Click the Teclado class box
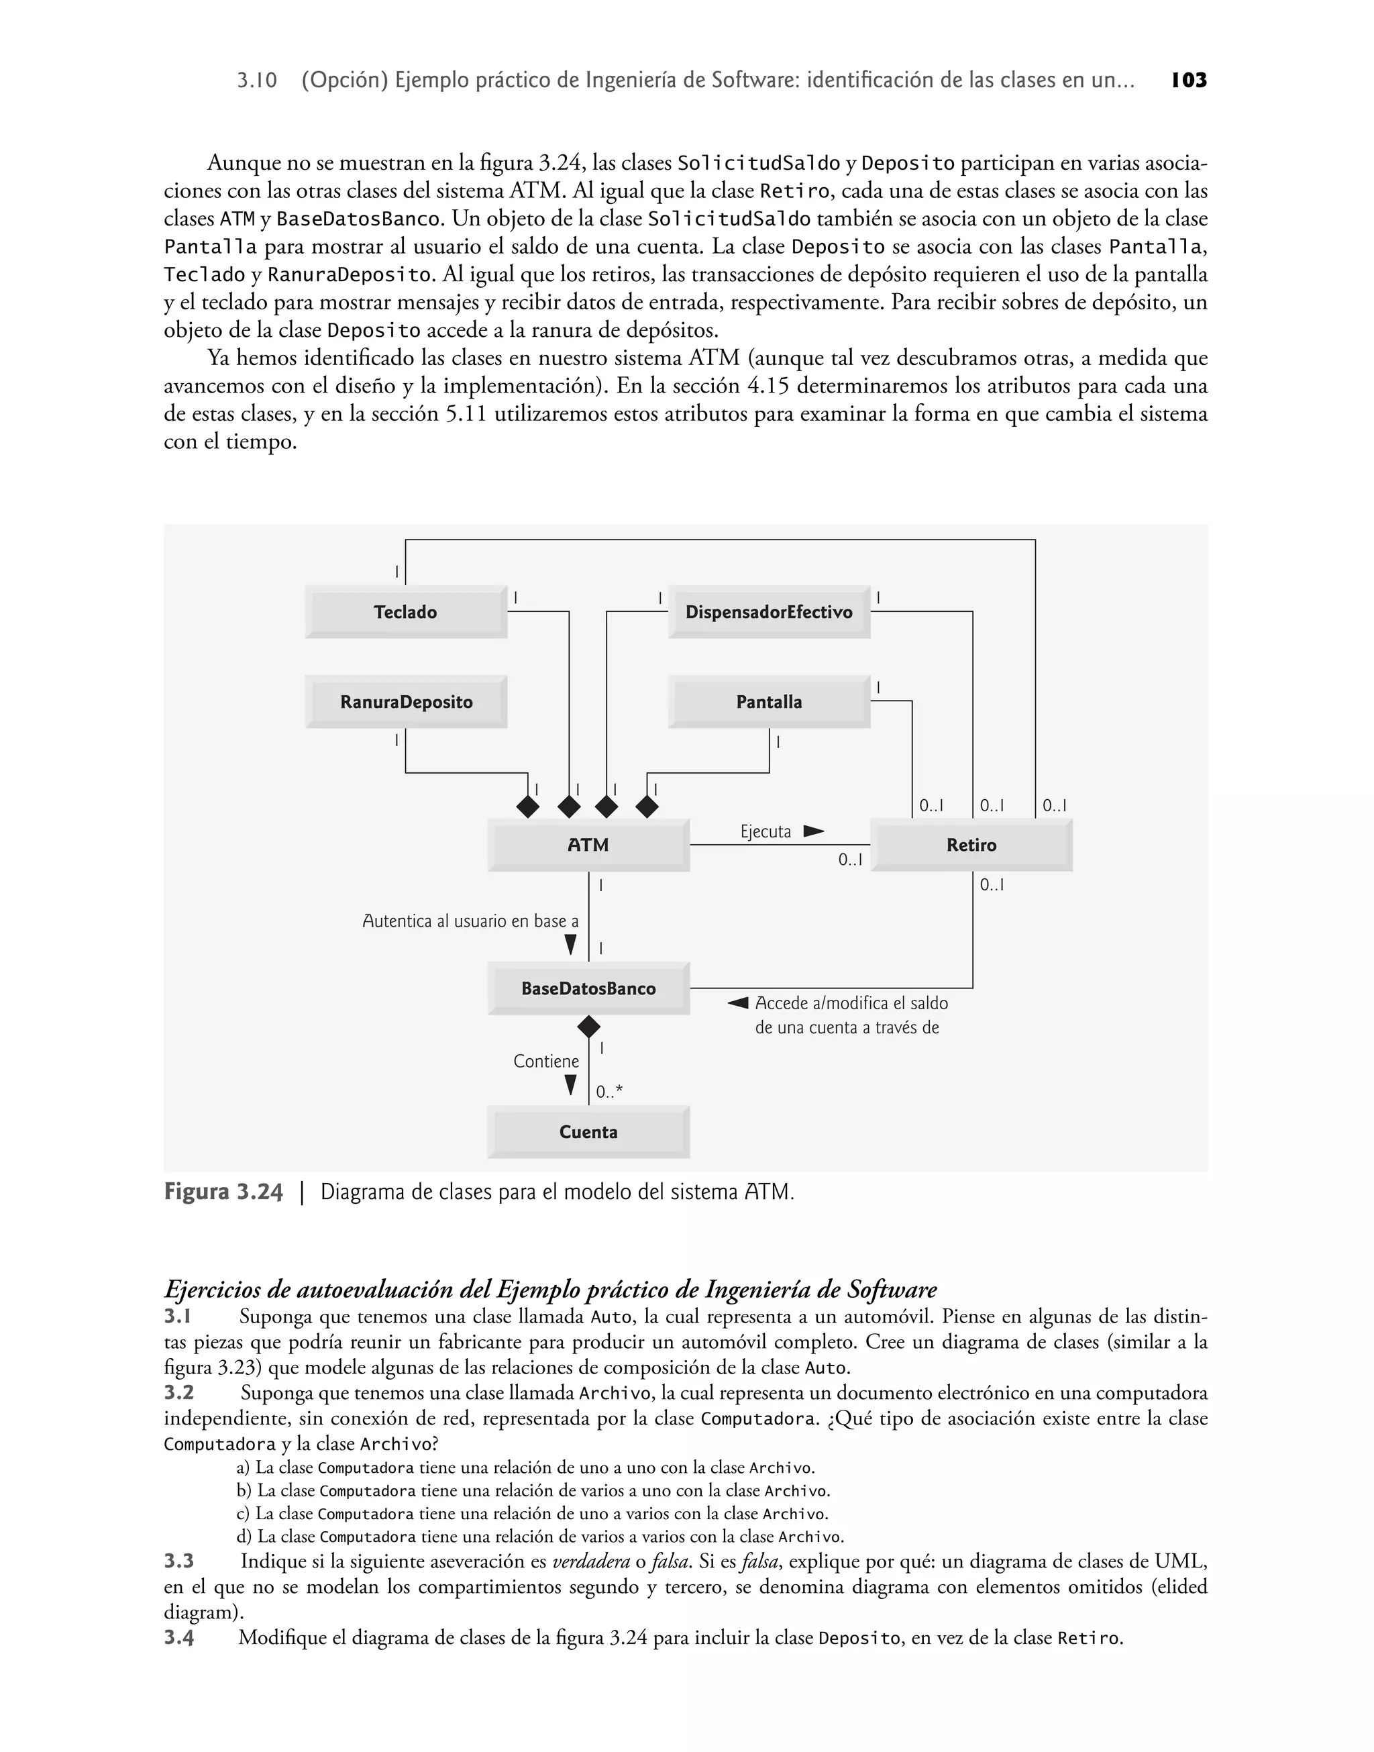point(405,612)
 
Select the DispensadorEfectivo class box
point(768,612)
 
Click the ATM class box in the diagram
point(588,845)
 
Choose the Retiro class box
point(971,845)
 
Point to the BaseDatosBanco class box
point(588,988)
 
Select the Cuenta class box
point(588,1133)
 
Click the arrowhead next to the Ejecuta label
point(813,831)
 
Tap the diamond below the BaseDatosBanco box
point(589,1027)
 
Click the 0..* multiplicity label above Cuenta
point(609,1092)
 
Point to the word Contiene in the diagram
point(546,1062)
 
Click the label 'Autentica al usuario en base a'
point(470,922)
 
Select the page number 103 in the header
point(1189,81)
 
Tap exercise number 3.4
point(178,1638)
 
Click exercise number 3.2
point(178,1393)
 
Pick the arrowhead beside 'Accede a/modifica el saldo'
point(738,1003)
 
